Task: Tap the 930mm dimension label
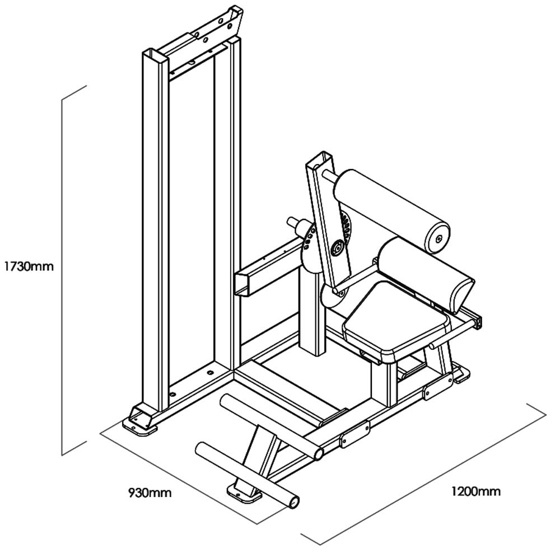(150, 493)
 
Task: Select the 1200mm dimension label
(475, 492)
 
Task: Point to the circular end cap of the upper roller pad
(437, 238)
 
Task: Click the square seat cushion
(396, 318)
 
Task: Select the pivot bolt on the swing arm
(337, 247)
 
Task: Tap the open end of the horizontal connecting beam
(241, 284)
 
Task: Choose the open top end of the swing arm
(320, 160)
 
